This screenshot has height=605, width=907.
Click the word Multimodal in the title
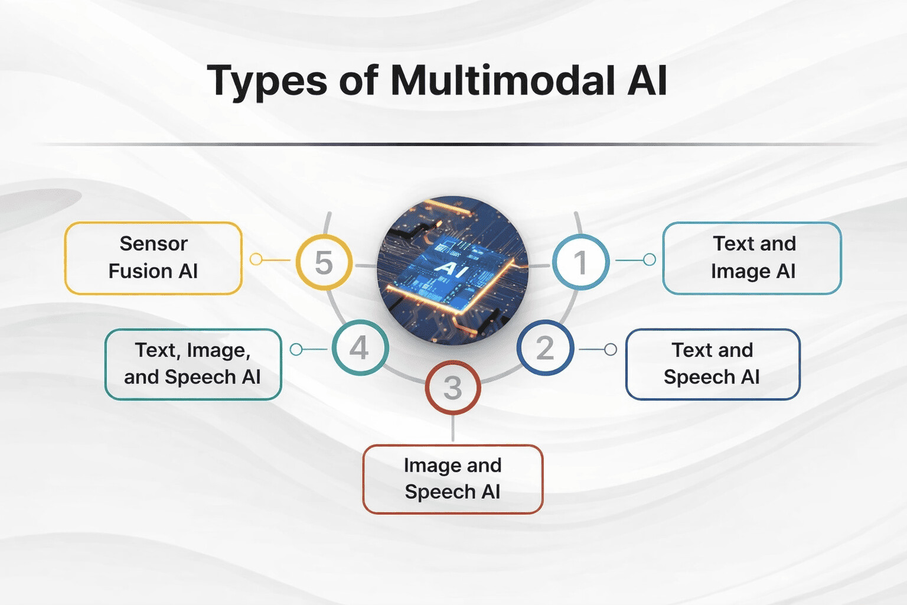point(503,80)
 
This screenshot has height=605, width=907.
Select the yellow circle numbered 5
point(324,262)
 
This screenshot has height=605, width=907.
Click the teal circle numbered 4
point(360,347)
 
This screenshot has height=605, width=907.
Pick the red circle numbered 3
point(453,388)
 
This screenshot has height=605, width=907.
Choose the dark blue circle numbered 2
point(545,347)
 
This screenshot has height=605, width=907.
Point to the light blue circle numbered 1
point(580,262)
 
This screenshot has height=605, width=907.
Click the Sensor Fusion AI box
point(153,258)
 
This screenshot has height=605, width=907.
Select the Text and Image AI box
point(752,258)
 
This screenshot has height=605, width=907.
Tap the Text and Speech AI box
point(712,364)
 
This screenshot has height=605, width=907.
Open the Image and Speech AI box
point(452,479)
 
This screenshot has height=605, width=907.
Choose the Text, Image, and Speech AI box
point(193,364)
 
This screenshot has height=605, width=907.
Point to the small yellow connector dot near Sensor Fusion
point(256,259)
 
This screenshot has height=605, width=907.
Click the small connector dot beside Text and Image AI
point(649,259)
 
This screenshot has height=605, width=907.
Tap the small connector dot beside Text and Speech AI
point(611,349)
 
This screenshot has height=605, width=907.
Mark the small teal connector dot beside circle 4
point(296,350)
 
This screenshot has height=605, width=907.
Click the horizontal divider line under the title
point(453,144)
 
